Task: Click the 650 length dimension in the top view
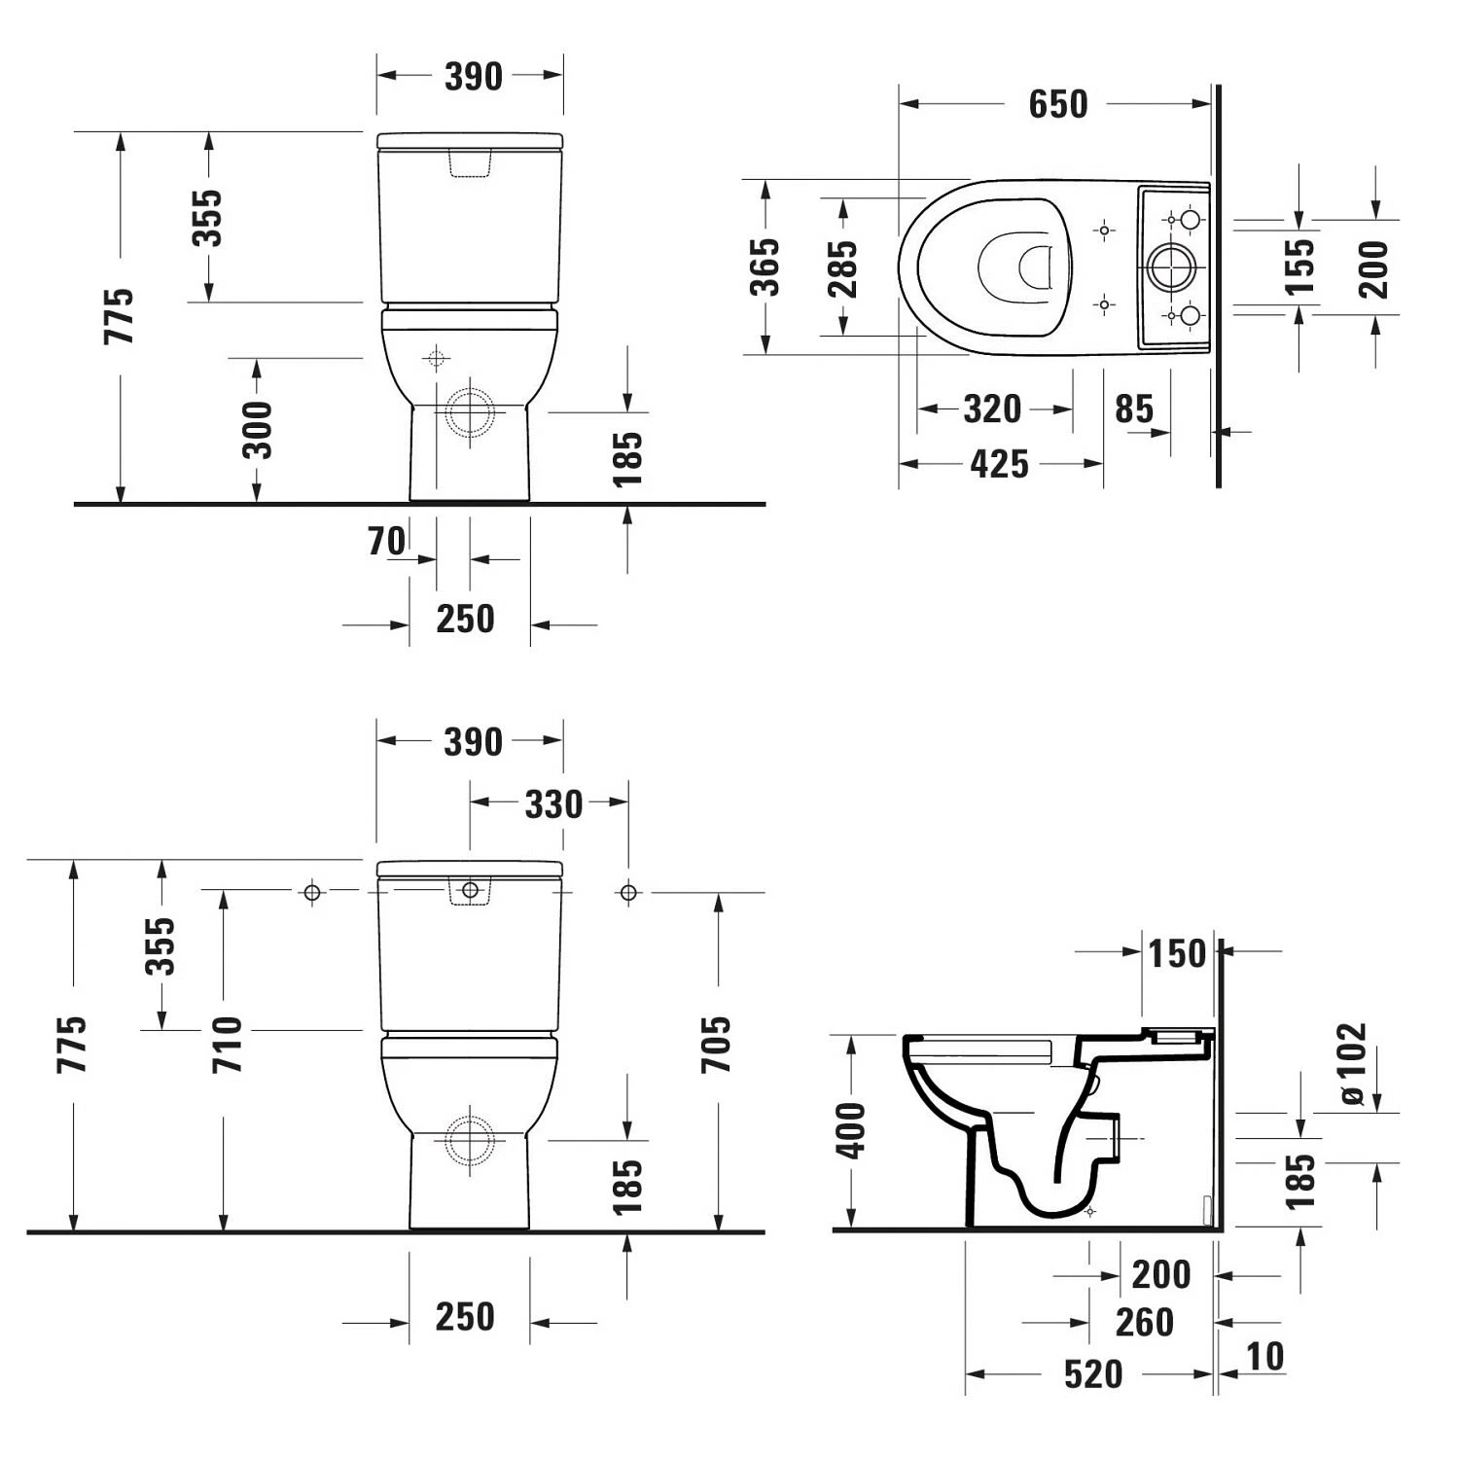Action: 1058,105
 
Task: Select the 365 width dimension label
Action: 765,267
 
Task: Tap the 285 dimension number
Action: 842,268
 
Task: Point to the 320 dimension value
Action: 992,409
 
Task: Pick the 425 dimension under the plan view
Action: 1000,465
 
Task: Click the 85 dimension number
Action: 1134,409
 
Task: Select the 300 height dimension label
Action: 258,429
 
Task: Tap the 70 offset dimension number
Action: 387,542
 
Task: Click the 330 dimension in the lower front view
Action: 553,804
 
